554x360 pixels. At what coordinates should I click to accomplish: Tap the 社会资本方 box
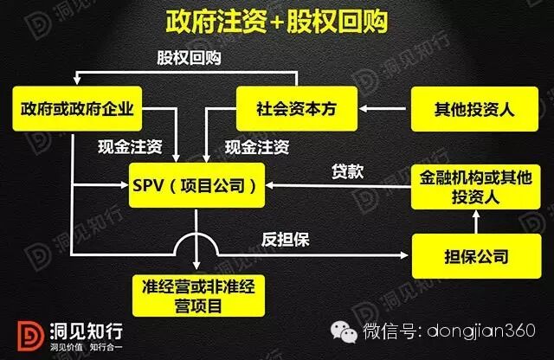[297, 109]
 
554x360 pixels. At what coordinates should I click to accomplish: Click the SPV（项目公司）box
[198, 184]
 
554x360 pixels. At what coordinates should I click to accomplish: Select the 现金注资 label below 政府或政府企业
[125, 146]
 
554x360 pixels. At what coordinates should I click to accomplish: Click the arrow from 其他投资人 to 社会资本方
[383, 109]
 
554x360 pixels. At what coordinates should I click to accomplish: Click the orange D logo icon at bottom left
[26, 334]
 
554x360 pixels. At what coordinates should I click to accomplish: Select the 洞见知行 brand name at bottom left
[72, 328]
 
